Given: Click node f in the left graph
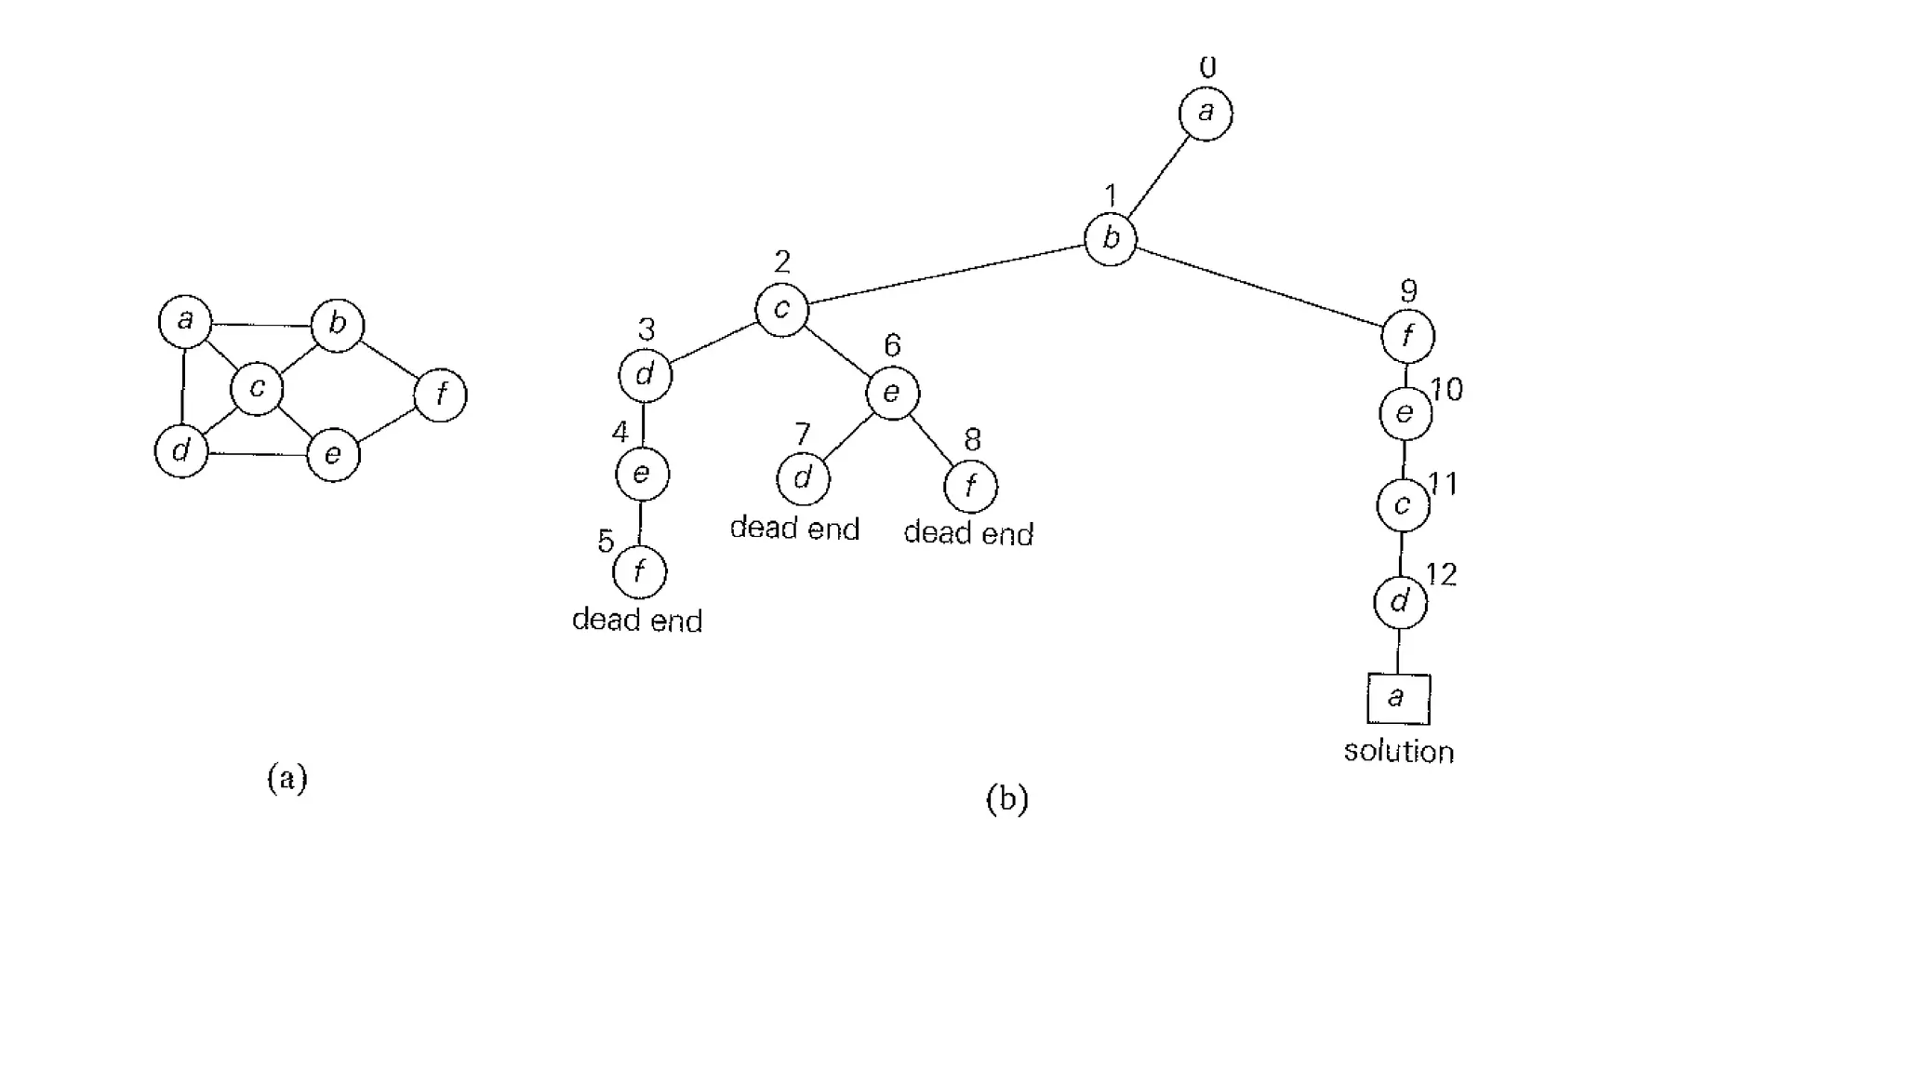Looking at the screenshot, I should pyautogui.click(x=440, y=395).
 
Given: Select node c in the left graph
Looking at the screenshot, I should pyautogui.click(x=257, y=388).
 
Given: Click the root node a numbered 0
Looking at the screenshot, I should pyautogui.click(x=1206, y=114).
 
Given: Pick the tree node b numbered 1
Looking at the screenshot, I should pyautogui.click(x=1111, y=239).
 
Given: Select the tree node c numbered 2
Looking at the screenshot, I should pyautogui.click(x=781, y=310).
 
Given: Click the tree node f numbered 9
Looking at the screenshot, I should pyautogui.click(x=1407, y=336).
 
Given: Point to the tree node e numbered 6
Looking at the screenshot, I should pyautogui.click(x=892, y=393).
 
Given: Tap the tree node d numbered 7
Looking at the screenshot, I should pyautogui.click(x=803, y=479).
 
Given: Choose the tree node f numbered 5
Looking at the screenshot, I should pyautogui.click(x=640, y=572).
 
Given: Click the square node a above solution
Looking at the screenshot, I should pyautogui.click(x=1398, y=699).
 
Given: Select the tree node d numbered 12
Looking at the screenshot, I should pyautogui.click(x=1400, y=602).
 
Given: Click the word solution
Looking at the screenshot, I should pyautogui.click(x=1398, y=752).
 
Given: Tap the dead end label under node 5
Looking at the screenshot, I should pyautogui.click(x=637, y=620).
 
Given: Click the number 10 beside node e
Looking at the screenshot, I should pyautogui.click(x=1446, y=389).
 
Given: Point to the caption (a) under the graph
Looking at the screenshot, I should pyautogui.click(x=286, y=778).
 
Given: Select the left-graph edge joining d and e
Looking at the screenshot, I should pyautogui.click(x=258, y=454).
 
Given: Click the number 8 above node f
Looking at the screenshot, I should pyautogui.click(x=972, y=439).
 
